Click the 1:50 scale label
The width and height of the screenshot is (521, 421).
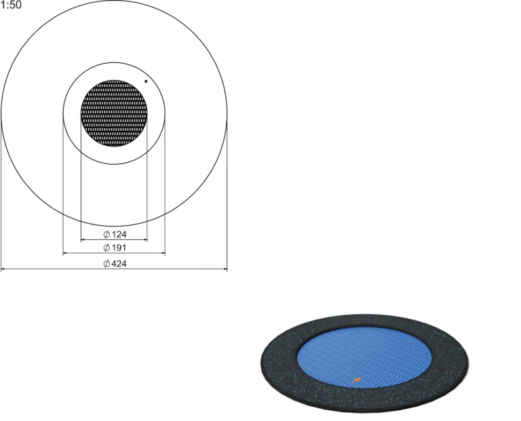[x=11, y=5]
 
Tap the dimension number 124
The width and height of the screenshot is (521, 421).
[x=119, y=235]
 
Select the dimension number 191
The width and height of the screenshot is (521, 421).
[x=119, y=247]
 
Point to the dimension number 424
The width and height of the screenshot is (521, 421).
[x=119, y=264]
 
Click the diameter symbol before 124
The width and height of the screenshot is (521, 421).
[x=107, y=235]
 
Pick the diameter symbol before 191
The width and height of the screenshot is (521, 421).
[x=107, y=247]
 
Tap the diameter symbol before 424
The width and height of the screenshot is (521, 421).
[x=107, y=264]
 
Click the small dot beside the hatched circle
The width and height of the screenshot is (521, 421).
[x=146, y=81]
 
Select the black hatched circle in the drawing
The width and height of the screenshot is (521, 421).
[x=114, y=113]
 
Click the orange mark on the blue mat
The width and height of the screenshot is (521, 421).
[x=357, y=379]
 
